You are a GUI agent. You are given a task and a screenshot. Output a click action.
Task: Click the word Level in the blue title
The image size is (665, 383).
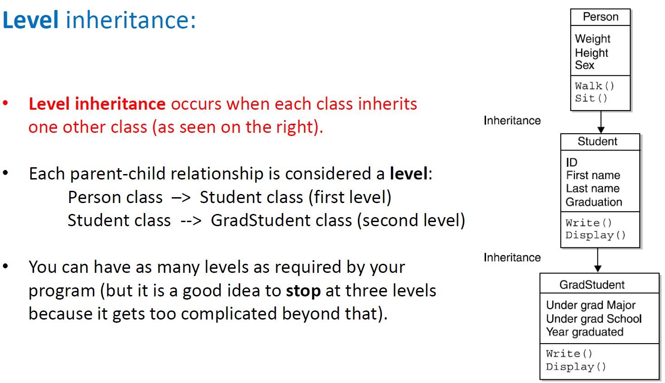click(x=31, y=20)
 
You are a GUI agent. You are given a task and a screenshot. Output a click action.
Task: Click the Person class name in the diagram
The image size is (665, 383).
click(x=600, y=17)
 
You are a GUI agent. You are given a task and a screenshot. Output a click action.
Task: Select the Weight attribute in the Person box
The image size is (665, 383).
click(x=593, y=39)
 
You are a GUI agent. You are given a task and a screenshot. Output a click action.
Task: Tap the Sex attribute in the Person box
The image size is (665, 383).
click(x=584, y=65)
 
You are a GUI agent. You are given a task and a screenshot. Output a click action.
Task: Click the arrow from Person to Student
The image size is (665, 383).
click(x=601, y=122)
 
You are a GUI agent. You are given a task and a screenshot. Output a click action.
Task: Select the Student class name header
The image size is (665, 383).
click(x=597, y=141)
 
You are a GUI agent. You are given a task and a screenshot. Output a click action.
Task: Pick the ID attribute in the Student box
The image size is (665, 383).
click(x=572, y=162)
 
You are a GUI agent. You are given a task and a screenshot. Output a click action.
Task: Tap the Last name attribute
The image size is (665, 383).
click(x=593, y=189)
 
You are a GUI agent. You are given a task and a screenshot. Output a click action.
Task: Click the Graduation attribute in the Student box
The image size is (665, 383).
click(x=593, y=202)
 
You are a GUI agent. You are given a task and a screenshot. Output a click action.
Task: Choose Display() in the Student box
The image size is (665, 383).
click(x=595, y=235)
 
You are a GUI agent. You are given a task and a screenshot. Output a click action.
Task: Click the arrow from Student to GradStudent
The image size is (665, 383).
click(x=598, y=260)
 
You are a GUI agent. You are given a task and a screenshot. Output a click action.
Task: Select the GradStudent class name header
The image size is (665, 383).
click(x=592, y=285)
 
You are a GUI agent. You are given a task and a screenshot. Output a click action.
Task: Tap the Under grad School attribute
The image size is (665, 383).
click(x=593, y=319)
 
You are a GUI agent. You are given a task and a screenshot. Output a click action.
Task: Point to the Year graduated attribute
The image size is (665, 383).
click(x=584, y=332)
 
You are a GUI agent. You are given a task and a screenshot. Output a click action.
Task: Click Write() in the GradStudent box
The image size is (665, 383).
click(x=569, y=354)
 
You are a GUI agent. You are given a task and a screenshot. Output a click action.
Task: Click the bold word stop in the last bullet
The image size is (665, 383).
click(x=303, y=291)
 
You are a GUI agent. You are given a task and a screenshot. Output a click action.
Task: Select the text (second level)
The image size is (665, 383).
click(x=411, y=221)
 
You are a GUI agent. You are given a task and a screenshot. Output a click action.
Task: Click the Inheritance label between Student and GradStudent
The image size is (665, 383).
click(x=512, y=257)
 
